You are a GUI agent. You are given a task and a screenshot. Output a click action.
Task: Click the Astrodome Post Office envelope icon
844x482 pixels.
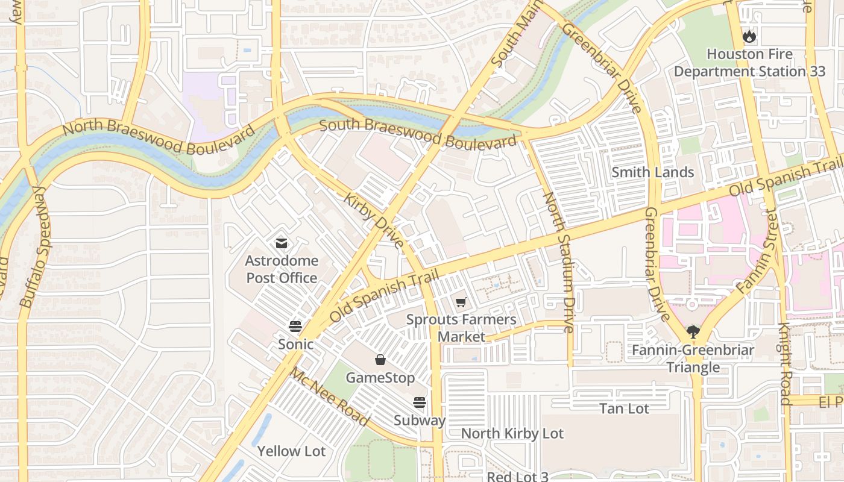pos(282,243)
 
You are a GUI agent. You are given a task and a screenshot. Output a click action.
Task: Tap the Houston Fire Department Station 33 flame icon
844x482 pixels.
pos(749,36)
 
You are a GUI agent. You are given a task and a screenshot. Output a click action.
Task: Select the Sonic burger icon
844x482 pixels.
pos(295,327)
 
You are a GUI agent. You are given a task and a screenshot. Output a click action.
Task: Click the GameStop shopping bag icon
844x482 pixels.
pos(380,360)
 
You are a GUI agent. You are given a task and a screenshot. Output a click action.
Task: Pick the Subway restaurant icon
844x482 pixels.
pos(420,402)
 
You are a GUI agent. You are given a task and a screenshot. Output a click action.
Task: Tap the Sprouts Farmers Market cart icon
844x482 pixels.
pos(461,302)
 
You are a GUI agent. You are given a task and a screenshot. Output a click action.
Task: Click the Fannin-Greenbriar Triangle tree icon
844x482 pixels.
pos(693,332)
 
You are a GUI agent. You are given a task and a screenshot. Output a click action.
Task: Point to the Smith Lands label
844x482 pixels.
pos(653,172)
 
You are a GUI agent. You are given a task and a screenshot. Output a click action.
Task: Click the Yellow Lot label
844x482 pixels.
pos(291,451)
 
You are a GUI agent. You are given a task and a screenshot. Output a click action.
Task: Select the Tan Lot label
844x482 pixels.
pos(624,408)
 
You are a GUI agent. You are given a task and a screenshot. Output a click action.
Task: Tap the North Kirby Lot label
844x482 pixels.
pos(512,434)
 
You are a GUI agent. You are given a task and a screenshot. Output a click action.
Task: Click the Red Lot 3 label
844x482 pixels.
pos(517,476)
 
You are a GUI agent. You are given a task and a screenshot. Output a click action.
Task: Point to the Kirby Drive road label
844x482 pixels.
pos(374,221)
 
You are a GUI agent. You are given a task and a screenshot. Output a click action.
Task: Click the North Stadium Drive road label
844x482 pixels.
pos(559,262)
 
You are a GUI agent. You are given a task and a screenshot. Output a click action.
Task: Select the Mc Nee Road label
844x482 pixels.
pos(330,397)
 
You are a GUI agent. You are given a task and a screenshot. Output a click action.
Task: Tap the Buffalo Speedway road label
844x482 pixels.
pos(36,247)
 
